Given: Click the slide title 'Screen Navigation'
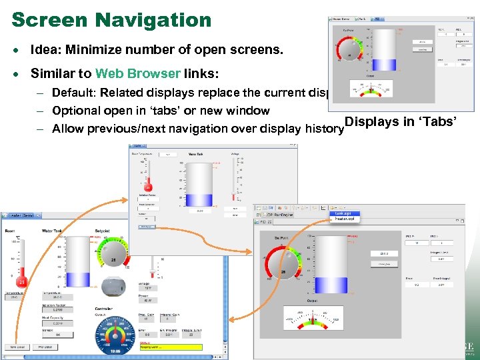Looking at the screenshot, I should click(x=111, y=19).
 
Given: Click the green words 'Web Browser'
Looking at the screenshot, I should click(x=137, y=73).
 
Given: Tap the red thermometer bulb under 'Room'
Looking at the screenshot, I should click(x=21, y=283).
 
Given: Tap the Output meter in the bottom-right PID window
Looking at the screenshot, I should click(x=313, y=319).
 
